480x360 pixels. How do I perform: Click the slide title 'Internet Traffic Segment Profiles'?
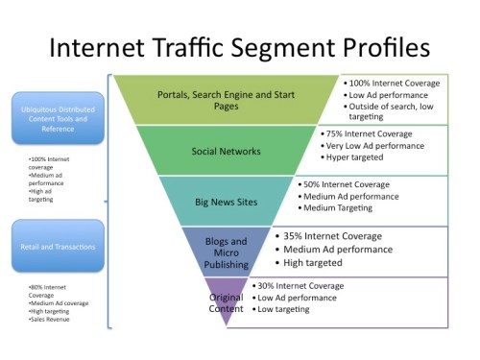(x=240, y=47)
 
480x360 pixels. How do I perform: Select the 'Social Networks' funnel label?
(x=226, y=152)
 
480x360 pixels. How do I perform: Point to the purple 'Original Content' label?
(x=227, y=302)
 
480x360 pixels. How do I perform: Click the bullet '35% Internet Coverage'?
(x=331, y=235)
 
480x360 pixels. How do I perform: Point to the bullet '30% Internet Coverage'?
(x=303, y=286)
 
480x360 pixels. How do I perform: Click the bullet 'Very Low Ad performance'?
(x=374, y=145)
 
